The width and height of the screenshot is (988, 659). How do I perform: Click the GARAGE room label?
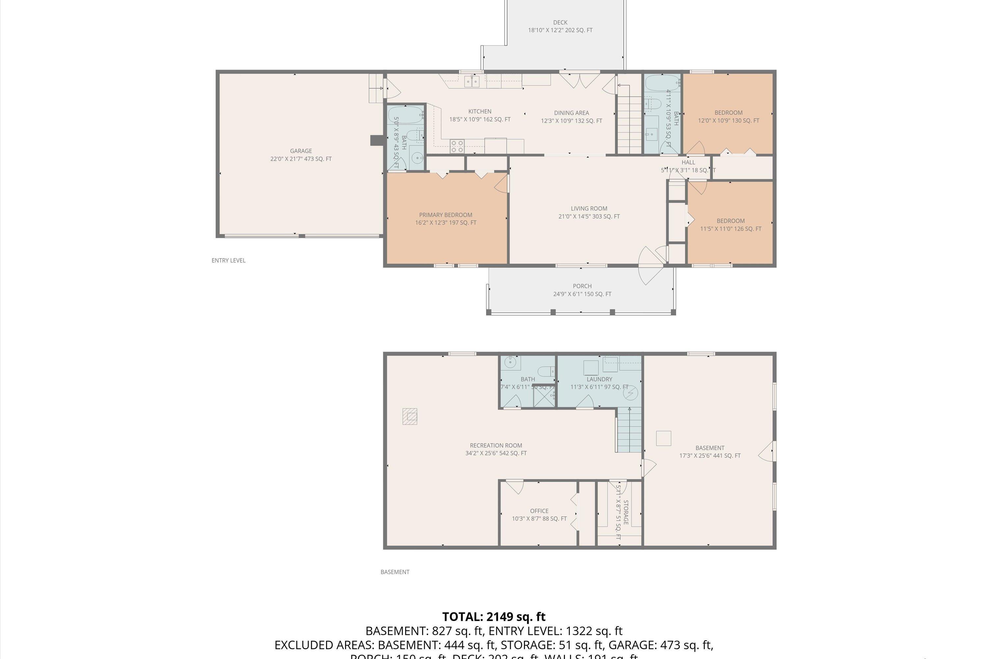click(301, 151)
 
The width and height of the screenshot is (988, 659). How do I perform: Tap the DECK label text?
click(560, 22)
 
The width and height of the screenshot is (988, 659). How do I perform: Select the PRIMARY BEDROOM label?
click(445, 215)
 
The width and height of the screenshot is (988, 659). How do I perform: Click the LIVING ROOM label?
click(589, 209)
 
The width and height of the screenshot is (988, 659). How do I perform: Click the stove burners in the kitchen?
click(457, 146)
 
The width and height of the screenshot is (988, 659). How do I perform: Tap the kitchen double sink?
click(472, 81)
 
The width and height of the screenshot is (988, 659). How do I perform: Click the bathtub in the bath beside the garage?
click(404, 114)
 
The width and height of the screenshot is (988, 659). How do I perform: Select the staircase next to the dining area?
click(629, 122)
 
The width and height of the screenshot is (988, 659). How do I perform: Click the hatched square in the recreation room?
click(410, 416)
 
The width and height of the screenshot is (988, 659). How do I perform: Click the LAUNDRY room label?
click(599, 379)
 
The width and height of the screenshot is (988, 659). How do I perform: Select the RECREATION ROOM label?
click(496, 445)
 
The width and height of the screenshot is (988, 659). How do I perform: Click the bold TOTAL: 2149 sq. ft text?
click(494, 617)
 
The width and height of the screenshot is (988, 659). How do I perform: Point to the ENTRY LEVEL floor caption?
click(229, 261)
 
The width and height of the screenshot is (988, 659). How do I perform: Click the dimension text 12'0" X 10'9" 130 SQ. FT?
click(728, 121)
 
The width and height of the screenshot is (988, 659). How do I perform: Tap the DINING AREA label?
click(571, 113)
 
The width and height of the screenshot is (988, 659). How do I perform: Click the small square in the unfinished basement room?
click(663, 438)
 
